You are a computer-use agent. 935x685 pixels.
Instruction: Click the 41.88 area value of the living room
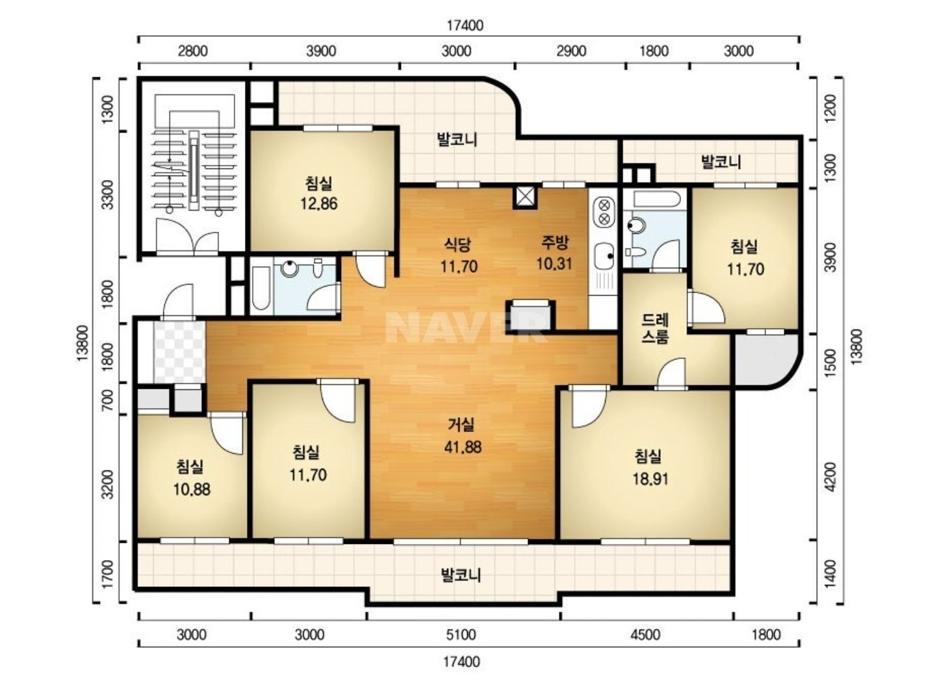pyautogui.click(x=463, y=447)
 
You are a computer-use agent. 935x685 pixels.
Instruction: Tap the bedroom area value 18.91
pyautogui.click(x=650, y=479)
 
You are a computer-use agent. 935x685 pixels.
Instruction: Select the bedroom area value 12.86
pyautogui.click(x=319, y=203)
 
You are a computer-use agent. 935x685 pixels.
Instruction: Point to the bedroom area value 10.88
pyautogui.click(x=192, y=489)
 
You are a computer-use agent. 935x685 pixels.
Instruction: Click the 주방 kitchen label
pyautogui.click(x=555, y=242)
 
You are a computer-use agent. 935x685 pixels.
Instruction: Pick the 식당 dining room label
pyautogui.click(x=457, y=245)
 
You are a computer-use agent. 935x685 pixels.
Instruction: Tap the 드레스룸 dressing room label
pyautogui.click(x=655, y=328)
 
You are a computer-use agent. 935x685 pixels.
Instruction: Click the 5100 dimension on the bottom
pyautogui.click(x=461, y=634)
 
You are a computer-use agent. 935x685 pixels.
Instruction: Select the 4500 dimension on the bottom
pyautogui.click(x=645, y=634)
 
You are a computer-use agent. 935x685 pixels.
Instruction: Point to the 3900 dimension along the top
pyautogui.click(x=321, y=51)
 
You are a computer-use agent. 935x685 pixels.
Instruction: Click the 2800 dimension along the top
pyautogui.click(x=193, y=51)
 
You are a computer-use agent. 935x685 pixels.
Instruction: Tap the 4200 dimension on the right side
pyautogui.click(x=831, y=476)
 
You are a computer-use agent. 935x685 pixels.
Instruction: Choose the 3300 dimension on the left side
pyautogui.click(x=108, y=194)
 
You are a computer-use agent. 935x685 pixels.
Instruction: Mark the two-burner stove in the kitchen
pyautogui.click(x=604, y=212)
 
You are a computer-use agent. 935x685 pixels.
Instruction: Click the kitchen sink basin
pyautogui.click(x=604, y=255)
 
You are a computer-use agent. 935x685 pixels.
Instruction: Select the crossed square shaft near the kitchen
pyautogui.click(x=525, y=198)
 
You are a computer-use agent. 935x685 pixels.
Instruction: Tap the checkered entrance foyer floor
pyautogui.click(x=179, y=352)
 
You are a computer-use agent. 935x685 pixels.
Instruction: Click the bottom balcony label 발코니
pyautogui.click(x=461, y=575)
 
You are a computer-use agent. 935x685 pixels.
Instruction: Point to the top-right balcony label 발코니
pyautogui.click(x=721, y=162)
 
